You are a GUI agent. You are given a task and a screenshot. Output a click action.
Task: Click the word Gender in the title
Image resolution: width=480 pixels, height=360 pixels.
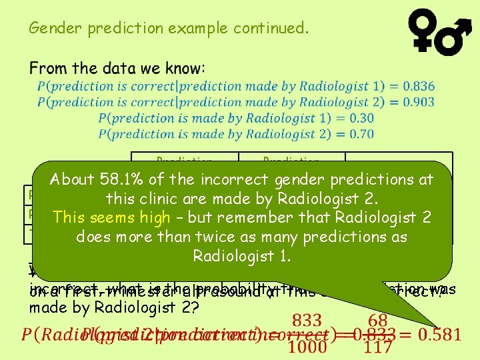click(49, 29)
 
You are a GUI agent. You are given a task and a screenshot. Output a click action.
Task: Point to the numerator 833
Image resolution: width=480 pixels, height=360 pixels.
click(308, 321)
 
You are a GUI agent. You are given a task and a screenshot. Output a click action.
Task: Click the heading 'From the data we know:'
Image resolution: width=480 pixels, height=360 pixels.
click(117, 68)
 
